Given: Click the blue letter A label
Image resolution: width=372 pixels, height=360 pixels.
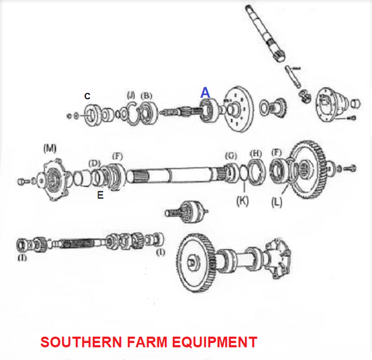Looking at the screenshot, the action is pyautogui.click(x=205, y=92).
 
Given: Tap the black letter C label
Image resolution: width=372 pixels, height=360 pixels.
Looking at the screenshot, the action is pyautogui.click(x=88, y=96).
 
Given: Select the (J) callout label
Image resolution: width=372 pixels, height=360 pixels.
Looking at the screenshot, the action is pyautogui.click(x=131, y=95).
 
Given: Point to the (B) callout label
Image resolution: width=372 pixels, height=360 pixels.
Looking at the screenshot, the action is pyautogui.click(x=146, y=95).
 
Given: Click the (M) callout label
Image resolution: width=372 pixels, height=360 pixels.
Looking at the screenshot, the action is pyautogui.click(x=50, y=148).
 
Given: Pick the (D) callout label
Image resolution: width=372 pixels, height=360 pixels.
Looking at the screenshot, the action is pyautogui.click(x=95, y=163).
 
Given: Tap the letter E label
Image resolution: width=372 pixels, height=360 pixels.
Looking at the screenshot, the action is pyautogui.click(x=101, y=195).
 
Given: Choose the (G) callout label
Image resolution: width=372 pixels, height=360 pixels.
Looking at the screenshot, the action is pyautogui.click(x=231, y=156).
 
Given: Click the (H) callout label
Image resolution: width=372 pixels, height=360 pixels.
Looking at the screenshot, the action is pyautogui.click(x=256, y=154).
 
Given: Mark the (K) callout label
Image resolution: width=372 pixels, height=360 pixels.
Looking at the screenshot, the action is pyautogui.click(x=243, y=201).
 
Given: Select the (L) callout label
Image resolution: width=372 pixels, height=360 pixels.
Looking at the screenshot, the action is pyautogui.click(x=277, y=202).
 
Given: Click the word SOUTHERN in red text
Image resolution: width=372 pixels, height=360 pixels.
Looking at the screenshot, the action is pyautogui.click(x=81, y=342).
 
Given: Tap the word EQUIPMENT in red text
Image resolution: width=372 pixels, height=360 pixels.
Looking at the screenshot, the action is pyautogui.click(x=215, y=342).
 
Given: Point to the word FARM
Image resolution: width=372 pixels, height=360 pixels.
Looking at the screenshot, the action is pyautogui.click(x=147, y=342).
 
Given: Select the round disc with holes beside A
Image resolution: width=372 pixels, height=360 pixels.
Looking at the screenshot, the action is pyautogui.click(x=239, y=109).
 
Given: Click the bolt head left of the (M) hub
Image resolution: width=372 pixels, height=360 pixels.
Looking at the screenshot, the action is pyautogui.click(x=22, y=182).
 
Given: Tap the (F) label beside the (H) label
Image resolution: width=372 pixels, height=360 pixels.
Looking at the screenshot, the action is pyautogui.click(x=277, y=153).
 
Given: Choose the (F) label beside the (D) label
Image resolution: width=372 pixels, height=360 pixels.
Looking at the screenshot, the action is pyautogui.click(x=118, y=156).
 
